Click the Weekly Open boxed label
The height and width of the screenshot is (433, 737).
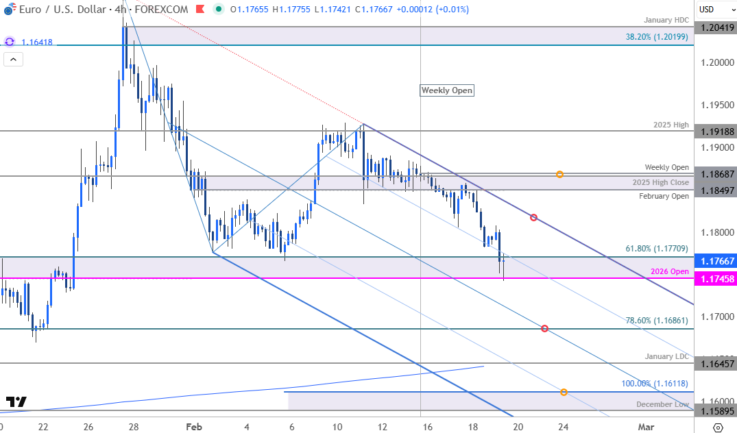pos(447,90)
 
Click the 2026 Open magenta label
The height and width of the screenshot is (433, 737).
pos(670,271)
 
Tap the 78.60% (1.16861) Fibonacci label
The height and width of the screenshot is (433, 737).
pos(657,320)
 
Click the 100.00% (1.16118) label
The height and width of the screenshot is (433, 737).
pos(655,384)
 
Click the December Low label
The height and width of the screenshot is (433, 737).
pos(662,404)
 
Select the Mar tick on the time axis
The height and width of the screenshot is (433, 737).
pos(645,426)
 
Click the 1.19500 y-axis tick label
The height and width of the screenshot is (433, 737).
pos(716,105)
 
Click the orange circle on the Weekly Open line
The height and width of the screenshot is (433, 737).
pos(560,174)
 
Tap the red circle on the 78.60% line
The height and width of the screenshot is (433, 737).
pos(544,329)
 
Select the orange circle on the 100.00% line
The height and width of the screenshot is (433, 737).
pos(564,392)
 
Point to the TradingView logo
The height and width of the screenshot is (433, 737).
pos(16,401)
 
